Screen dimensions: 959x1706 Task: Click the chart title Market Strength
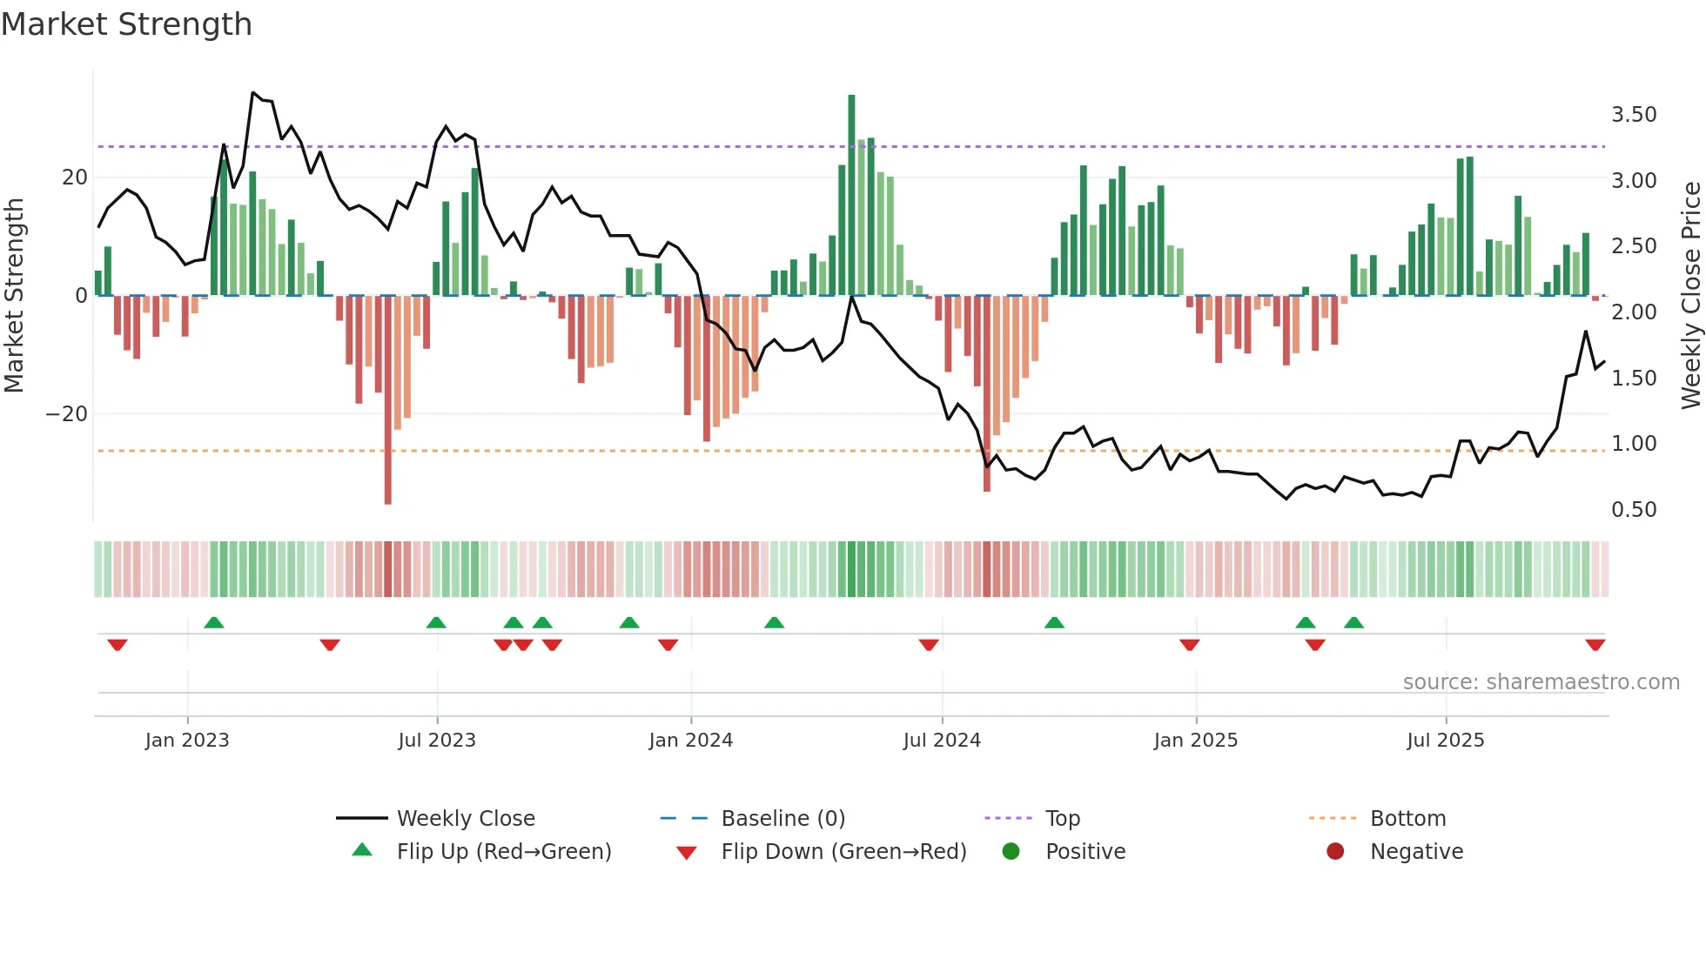click(126, 24)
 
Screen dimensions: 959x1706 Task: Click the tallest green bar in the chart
click(851, 196)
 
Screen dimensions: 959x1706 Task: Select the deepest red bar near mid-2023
click(387, 400)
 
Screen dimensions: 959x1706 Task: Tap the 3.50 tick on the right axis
click(1633, 115)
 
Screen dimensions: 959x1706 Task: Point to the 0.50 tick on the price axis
click(1633, 510)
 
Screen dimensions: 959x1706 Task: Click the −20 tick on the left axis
click(67, 414)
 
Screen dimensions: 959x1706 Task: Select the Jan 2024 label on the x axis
click(690, 741)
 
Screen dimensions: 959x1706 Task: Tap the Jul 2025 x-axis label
click(1445, 741)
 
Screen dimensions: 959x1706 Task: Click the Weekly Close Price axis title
click(1690, 296)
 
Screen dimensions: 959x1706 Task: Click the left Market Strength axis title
click(14, 296)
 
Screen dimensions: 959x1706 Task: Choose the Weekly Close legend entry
click(465, 819)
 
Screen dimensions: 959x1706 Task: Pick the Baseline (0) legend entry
click(782, 819)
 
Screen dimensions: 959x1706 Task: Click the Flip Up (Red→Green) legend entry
click(503, 852)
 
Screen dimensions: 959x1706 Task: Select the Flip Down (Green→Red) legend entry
click(843, 852)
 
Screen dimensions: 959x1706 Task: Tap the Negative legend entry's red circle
click(1334, 852)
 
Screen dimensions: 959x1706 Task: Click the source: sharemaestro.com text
click(1541, 682)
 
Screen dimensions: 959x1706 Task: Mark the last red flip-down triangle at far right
click(1595, 645)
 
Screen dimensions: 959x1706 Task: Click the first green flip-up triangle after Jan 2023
click(213, 622)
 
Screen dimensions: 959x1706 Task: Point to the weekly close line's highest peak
click(253, 93)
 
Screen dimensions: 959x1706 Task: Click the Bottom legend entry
click(1407, 819)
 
